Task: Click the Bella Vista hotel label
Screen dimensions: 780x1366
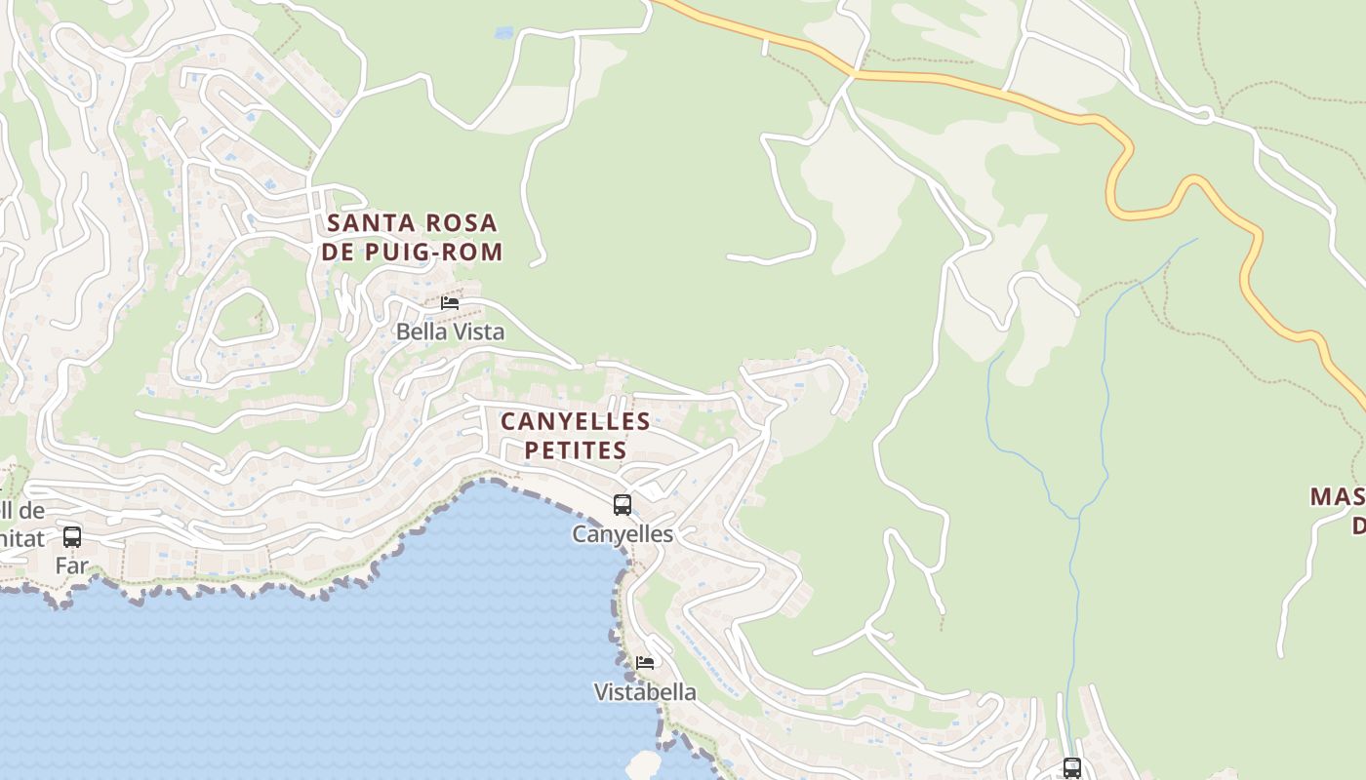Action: (x=450, y=331)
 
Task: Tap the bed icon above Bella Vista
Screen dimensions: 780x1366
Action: (x=450, y=302)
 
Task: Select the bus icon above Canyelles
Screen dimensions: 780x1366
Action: (x=623, y=505)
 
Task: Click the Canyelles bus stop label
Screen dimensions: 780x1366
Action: (x=623, y=534)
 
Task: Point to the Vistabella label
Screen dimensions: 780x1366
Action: (x=645, y=692)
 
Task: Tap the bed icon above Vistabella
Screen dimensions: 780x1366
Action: (x=645, y=663)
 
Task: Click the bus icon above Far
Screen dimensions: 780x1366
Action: (x=72, y=536)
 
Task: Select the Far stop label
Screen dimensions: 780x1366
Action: (x=72, y=565)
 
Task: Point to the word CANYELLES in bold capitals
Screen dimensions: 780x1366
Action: (x=576, y=421)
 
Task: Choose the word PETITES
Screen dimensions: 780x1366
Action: (x=576, y=450)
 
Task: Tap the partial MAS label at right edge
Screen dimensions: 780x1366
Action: (x=1337, y=497)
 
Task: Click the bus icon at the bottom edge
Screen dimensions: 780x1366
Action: (x=1072, y=768)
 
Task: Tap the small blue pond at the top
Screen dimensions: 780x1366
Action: (x=503, y=33)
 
